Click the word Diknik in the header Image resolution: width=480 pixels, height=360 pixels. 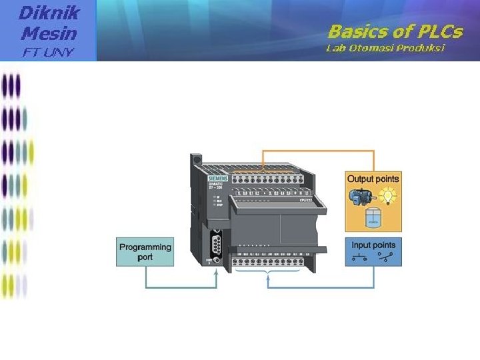pyautogui.click(x=50, y=12)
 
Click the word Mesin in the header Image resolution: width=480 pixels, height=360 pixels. pyautogui.click(x=49, y=32)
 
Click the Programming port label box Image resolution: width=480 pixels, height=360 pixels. pyautogui.click(x=145, y=251)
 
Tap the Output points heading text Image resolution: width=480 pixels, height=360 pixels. pyautogui.click(x=373, y=179)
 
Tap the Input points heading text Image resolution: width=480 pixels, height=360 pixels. pyautogui.click(x=373, y=245)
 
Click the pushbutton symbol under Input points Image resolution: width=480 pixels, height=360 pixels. pyautogui.click(x=361, y=257)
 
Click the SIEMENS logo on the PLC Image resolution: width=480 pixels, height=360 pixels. pyautogui.click(x=217, y=178)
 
